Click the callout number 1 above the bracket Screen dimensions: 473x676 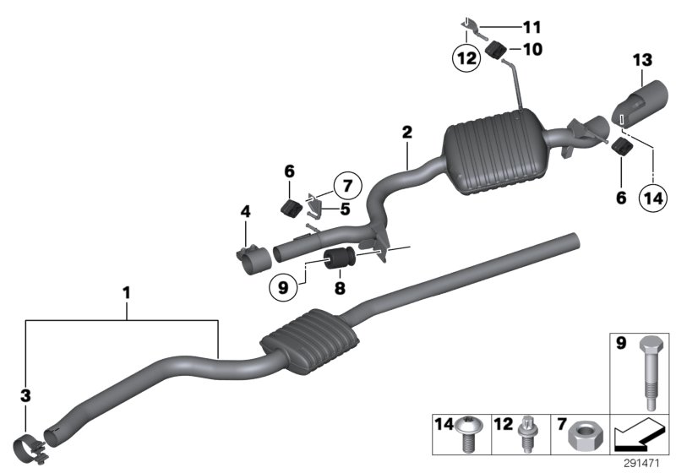tap(127, 294)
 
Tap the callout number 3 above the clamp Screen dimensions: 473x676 tap(25, 394)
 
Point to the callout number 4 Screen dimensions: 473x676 tap(245, 214)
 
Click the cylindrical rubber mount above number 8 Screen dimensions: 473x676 tap(341, 258)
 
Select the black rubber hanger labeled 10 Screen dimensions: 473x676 tap(498, 50)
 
